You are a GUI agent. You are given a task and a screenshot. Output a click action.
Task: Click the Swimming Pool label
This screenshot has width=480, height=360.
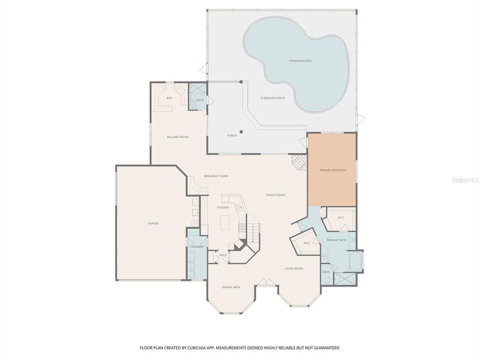tap(300, 61)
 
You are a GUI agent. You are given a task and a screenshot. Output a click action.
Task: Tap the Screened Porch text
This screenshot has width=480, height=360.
tap(272, 98)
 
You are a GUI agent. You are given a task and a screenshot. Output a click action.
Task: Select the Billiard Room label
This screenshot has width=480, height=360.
tap(177, 136)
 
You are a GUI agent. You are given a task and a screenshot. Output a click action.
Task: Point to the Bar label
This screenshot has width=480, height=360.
tap(169, 98)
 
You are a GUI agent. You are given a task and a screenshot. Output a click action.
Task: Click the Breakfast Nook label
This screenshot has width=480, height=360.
tap(216, 176)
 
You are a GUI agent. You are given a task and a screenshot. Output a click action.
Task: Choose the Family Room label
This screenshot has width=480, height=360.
tap(275, 194)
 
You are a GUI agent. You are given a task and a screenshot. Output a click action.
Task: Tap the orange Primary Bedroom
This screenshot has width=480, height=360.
tap(332, 170)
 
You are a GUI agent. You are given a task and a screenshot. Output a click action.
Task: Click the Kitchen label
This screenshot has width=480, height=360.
tap(223, 207)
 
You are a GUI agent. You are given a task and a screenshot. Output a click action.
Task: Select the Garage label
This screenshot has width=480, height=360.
tap(152, 223)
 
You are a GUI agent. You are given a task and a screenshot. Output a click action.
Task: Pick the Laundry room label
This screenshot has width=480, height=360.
tap(195, 246)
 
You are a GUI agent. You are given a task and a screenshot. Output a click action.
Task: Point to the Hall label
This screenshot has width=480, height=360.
tap(222, 255)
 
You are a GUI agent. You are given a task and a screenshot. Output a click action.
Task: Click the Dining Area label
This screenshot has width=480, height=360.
tap(231, 287)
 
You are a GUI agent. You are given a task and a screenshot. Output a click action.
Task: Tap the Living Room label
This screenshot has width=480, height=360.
tap(294, 268)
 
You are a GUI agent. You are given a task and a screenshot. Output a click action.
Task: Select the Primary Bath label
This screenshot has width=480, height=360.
tap(336, 240)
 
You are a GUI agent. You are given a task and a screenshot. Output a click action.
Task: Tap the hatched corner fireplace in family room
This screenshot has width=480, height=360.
tap(299, 161)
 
